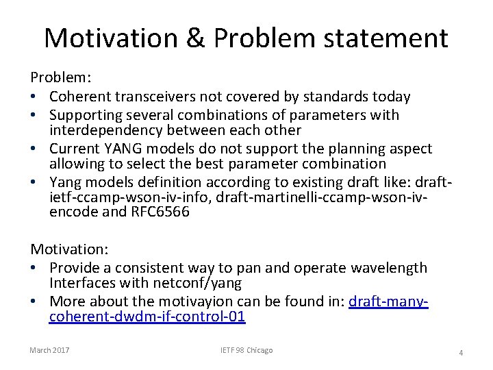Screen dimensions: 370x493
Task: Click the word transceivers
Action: point(150,97)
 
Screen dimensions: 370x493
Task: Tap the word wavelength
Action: point(390,268)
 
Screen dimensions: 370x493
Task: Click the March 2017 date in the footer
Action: point(49,350)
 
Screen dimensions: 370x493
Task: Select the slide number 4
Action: point(461,353)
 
